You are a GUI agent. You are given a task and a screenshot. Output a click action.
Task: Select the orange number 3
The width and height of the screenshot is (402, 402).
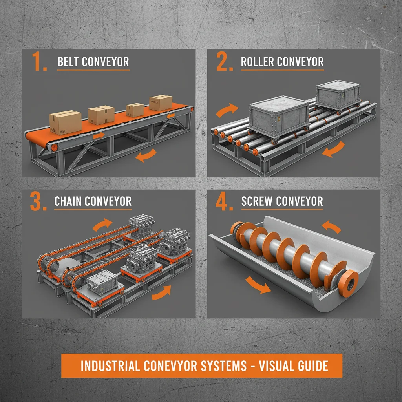pos(38,202)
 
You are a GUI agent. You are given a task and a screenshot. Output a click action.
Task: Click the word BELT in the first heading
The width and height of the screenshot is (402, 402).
pos(69,62)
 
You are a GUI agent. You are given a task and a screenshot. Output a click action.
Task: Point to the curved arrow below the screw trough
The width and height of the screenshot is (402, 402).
pos(257,284)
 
